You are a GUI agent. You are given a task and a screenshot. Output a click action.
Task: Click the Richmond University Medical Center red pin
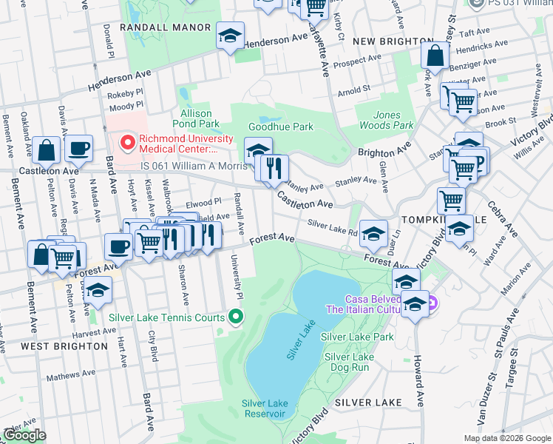[x=128, y=141]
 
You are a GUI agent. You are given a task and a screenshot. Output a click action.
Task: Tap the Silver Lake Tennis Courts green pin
[x=237, y=317]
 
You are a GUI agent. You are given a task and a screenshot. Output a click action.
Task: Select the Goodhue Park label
[x=281, y=127]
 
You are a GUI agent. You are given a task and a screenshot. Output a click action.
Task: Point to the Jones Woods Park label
[x=393, y=120]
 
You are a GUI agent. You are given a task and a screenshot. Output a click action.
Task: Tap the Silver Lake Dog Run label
[x=349, y=362]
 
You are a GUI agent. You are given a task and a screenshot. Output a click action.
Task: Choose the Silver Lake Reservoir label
[x=264, y=408]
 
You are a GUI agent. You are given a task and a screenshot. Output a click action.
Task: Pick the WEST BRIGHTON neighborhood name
[x=64, y=346]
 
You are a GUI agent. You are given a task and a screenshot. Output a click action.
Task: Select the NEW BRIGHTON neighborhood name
[x=393, y=41]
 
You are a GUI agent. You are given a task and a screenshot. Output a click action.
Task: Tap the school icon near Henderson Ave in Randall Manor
[x=230, y=35]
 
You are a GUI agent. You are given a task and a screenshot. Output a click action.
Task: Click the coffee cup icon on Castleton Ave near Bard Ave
[x=78, y=148]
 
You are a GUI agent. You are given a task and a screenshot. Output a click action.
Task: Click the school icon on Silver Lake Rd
[x=374, y=233]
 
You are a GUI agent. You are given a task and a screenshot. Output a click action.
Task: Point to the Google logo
[x=24, y=435]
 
